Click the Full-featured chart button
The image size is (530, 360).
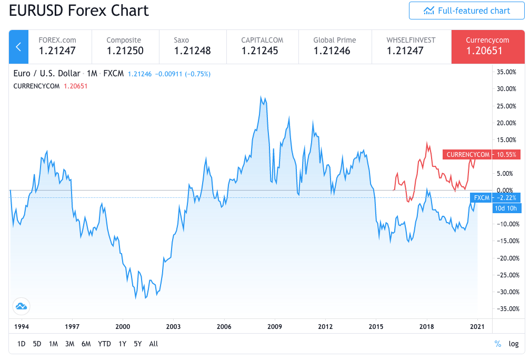tap(466, 11)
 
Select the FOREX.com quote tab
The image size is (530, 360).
tap(57, 46)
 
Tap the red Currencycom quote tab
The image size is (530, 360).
tap(487, 46)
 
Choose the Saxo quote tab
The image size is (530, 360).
tap(192, 46)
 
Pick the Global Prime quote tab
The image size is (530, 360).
tap(334, 46)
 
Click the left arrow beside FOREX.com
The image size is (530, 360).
tap(18, 47)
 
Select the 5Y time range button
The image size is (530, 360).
tap(138, 344)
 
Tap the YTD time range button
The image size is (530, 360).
tap(104, 344)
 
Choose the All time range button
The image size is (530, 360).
tap(153, 344)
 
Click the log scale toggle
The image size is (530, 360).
tap(513, 344)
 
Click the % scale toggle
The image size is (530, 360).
tap(498, 344)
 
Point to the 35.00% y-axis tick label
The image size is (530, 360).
tap(507, 72)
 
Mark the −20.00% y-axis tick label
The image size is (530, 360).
tap(506, 258)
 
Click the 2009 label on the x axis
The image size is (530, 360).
tap(275, 326)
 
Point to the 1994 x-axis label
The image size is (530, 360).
tap(21, 326)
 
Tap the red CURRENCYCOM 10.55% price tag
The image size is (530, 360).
tap(482, 155)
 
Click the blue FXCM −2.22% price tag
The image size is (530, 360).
tap(495, 198)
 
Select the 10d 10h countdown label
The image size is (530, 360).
tap(506, 208)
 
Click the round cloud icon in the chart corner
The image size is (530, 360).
tap(21, 306)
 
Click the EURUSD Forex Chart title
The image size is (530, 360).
tap(79, 11)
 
